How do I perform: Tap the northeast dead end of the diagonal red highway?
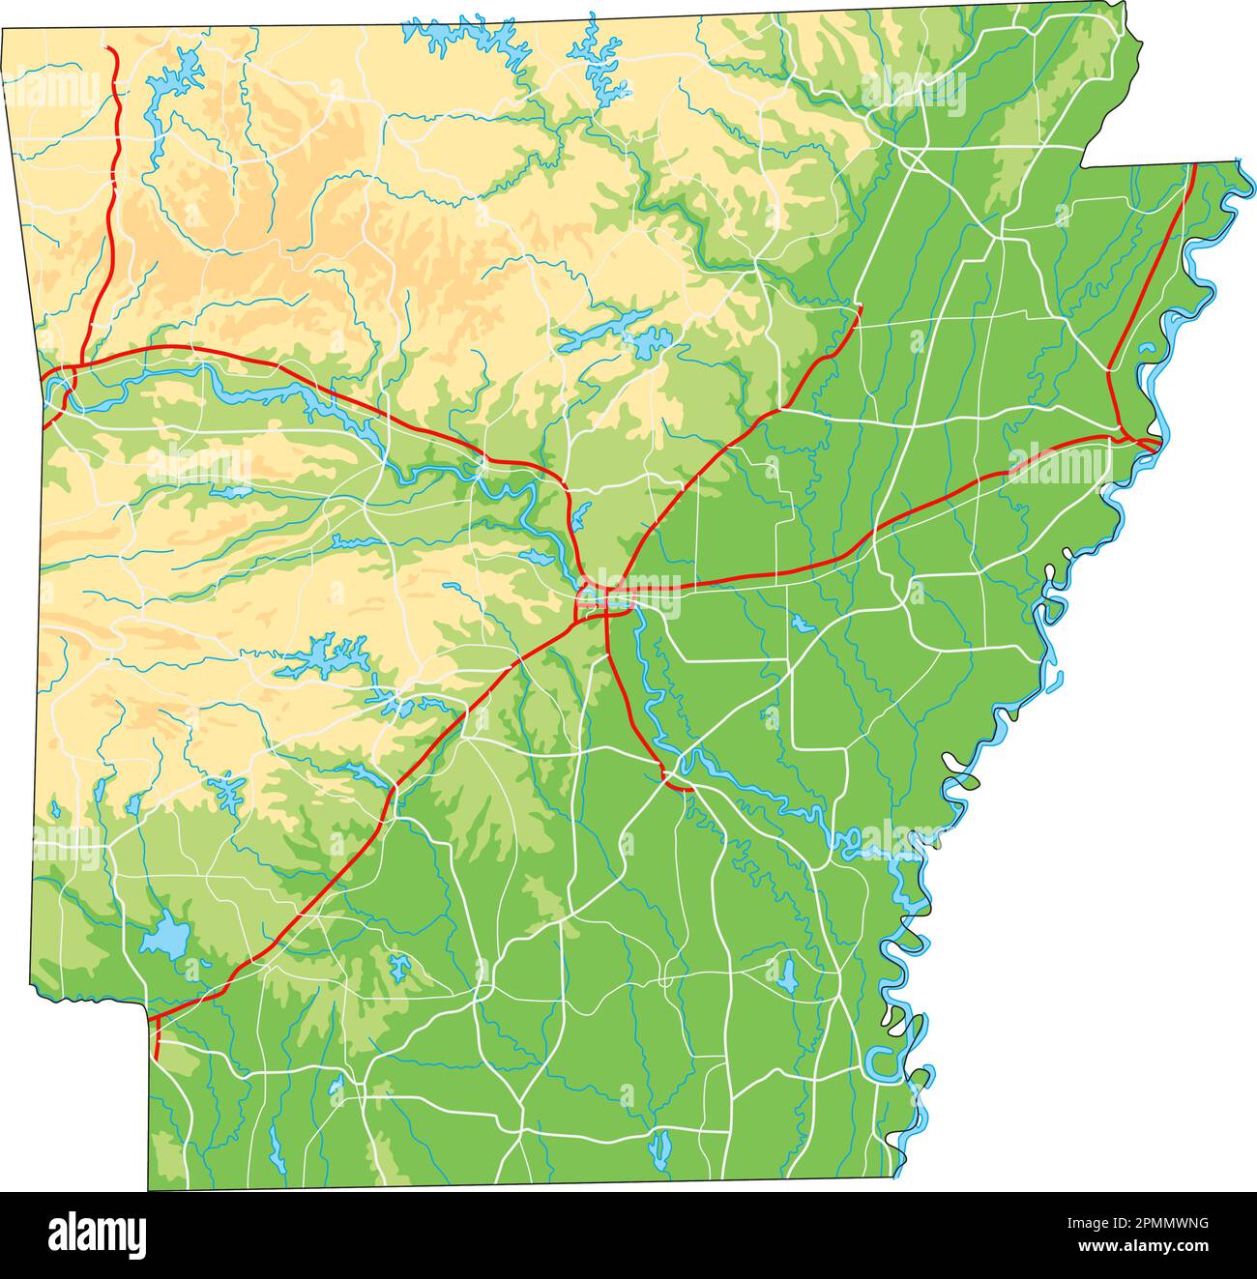coord(860,307)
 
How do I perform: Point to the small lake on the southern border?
coord(661,1148)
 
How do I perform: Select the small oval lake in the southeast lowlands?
coord(788,974)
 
